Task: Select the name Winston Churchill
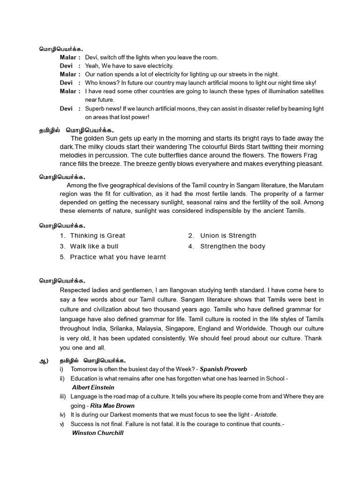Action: [97, 433]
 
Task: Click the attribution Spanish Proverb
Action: [223, 369]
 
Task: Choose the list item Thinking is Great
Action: [97, 236]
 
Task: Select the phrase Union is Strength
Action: [228, 236]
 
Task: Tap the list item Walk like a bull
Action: [94, 246]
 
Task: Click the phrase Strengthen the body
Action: [232, 246]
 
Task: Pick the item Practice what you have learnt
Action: [118, 257]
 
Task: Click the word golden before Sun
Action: [96, 138]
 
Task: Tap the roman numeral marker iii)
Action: [63, 397]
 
